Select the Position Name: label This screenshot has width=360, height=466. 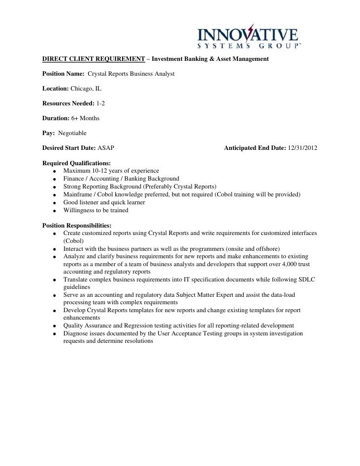(x=64, y=74)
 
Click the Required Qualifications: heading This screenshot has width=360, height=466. (x=77, y=163)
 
